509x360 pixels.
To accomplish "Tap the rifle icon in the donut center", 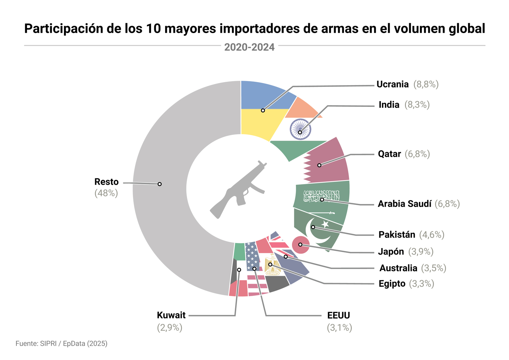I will (x=239, y=189).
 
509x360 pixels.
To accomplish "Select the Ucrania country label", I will (x=392, y=84).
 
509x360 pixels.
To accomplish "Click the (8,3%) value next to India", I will (x=417, y=105).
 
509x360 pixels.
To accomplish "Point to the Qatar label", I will (x=389, y=154).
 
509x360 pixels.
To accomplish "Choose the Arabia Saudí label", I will (x=405, y=204).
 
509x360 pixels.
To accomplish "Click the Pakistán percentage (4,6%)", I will (x=432, y=235).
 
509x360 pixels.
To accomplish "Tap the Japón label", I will (x=391, y=252).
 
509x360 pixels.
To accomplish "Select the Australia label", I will (x=398, y=268).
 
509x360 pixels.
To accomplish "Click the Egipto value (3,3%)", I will (x=422, y=284).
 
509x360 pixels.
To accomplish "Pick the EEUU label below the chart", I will (x=338, y=315).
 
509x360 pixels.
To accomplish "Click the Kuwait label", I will (x=171, y=315).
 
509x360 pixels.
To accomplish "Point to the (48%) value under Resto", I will (x=106, y=193).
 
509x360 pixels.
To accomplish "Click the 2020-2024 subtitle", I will (x=249, y=47).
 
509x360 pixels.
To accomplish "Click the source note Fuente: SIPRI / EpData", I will (x=61, y=343).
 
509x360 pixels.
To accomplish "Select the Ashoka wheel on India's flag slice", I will (x=300, y=129).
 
